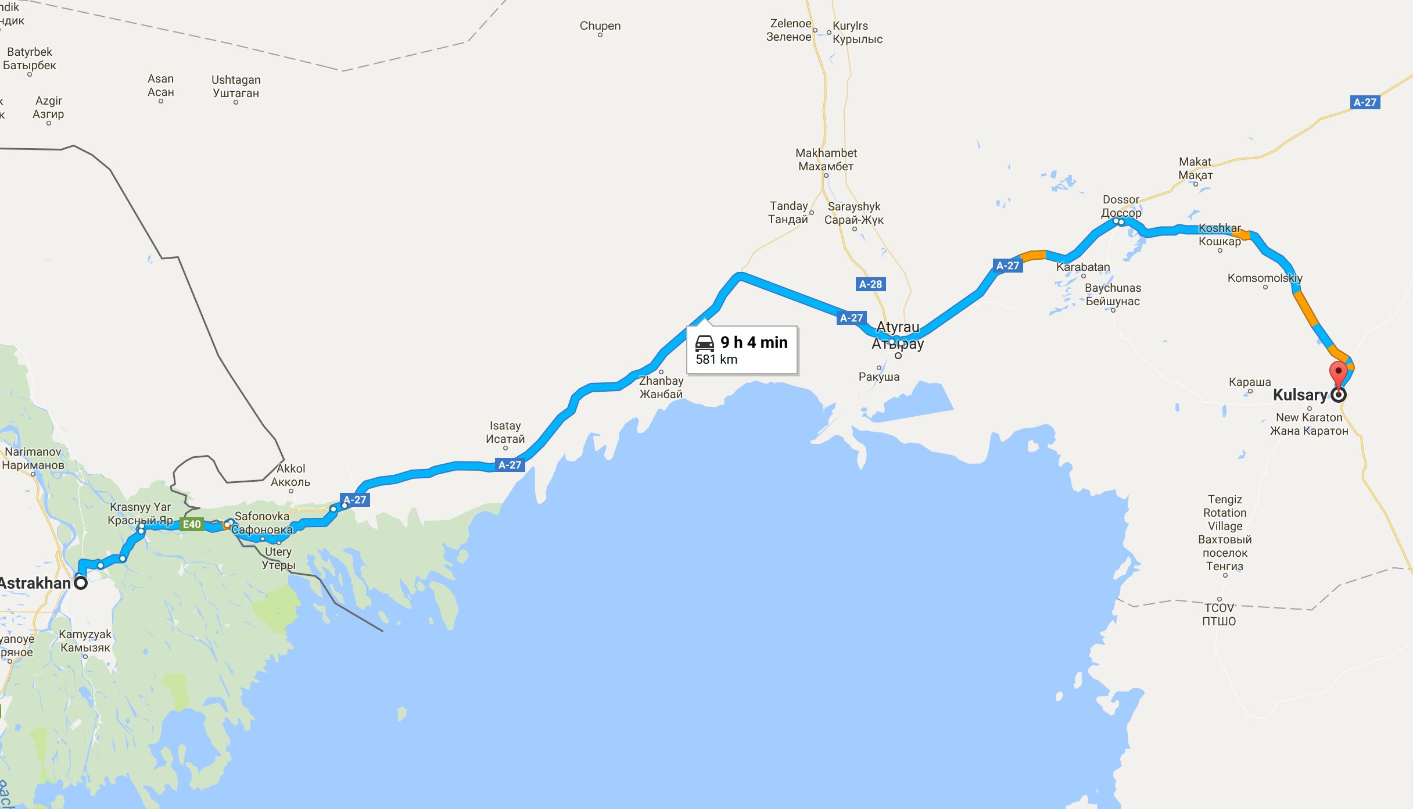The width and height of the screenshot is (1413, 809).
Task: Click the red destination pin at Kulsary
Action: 1338,374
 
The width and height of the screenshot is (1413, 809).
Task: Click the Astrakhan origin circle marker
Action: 81,582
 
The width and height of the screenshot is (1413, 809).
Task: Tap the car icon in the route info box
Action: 705,343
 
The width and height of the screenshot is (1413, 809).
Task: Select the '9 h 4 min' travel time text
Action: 754,342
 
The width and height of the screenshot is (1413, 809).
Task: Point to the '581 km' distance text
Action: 716,359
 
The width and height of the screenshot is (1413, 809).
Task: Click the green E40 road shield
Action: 192,524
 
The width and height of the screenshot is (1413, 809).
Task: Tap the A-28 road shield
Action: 870,284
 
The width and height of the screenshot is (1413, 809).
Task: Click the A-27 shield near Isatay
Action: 510,465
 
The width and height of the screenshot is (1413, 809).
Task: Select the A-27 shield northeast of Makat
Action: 1365,102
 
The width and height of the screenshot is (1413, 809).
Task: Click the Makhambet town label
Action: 826,160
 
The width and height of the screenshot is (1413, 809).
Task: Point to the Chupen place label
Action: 600,26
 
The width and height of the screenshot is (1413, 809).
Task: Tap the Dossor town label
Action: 1121,206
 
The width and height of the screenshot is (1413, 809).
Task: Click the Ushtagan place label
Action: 236,87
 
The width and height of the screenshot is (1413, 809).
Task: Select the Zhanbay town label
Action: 661,387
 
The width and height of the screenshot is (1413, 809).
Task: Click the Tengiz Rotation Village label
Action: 1225,532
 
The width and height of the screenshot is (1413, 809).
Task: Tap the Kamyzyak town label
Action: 85,640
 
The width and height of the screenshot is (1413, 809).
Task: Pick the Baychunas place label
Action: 1113,295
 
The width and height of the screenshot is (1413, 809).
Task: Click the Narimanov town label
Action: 33,458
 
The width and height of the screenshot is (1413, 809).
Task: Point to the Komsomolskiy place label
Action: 1265,278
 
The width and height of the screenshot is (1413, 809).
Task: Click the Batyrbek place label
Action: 30,59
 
